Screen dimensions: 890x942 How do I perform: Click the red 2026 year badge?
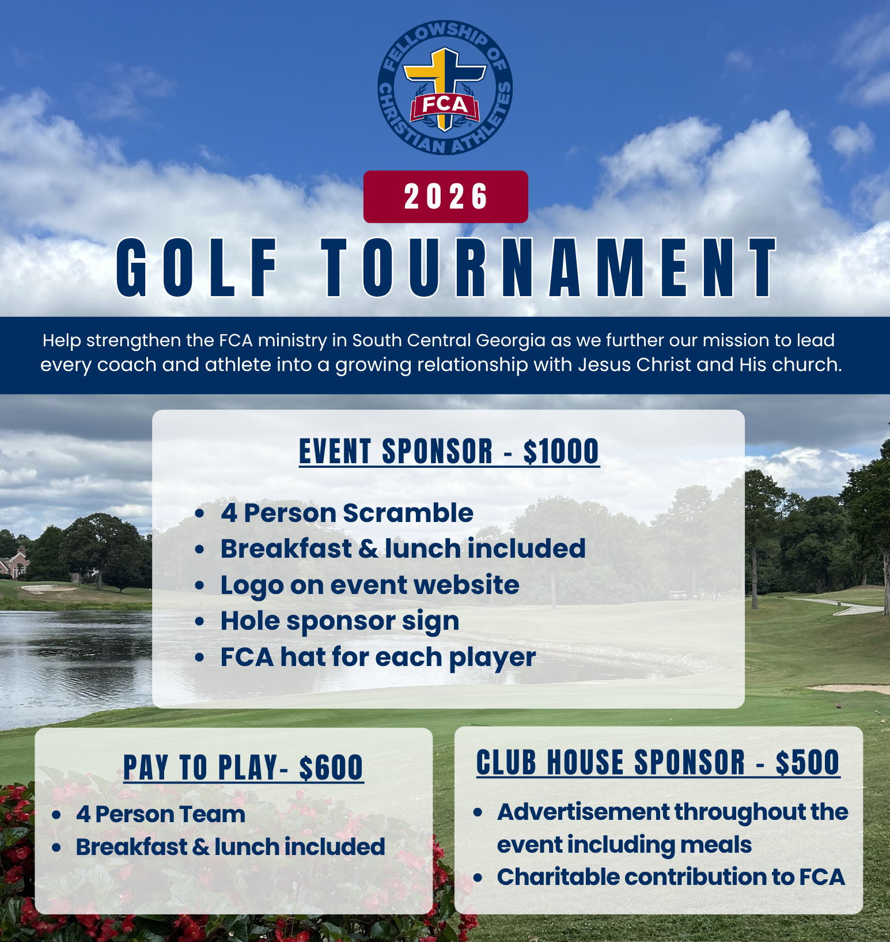coord(445,196)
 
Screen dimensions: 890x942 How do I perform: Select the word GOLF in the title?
coord(197,268)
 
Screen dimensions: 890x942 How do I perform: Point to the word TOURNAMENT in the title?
coord(550,268)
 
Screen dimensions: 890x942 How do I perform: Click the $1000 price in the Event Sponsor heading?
coord(562,451)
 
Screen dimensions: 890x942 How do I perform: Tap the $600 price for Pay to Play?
coord(331,768)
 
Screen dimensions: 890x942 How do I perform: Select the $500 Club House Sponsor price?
coord(808,763)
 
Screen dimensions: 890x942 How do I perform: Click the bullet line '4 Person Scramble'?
coord(347,513)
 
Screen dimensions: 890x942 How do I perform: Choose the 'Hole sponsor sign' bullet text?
coord(340,621)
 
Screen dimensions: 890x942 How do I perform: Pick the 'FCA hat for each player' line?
coord(378,657)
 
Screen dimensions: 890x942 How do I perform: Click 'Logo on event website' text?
coord(370,585)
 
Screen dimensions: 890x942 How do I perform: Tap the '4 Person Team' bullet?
coord(161,815)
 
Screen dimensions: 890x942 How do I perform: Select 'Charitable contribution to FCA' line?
coord(671,877)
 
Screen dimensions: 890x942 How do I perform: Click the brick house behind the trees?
coord(13,561)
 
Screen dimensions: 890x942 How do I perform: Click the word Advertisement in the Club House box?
coord(583,812)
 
